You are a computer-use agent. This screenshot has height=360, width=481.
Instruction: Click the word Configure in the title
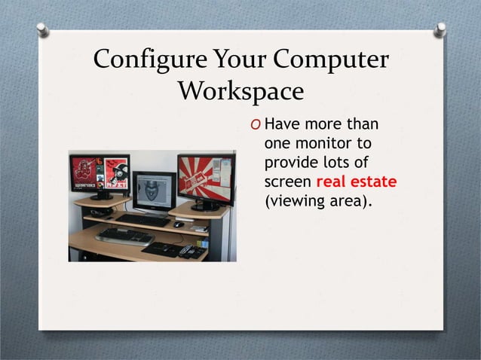135,61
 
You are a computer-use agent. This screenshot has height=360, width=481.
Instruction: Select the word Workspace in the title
240,93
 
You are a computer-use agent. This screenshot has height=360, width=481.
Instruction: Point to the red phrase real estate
357,182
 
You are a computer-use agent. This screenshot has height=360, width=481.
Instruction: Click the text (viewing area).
319,202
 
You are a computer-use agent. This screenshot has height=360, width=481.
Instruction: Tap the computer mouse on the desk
178,224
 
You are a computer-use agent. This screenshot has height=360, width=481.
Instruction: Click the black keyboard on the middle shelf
142,220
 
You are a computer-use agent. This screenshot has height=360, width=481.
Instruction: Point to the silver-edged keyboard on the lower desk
124,236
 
